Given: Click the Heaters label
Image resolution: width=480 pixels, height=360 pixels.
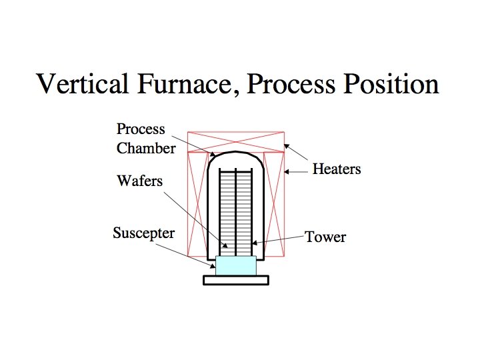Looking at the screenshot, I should click(x=336, y=169).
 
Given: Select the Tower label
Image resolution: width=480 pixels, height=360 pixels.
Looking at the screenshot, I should click(x=325, y=237).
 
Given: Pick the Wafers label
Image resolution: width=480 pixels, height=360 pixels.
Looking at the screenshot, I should click(x=139, y=181).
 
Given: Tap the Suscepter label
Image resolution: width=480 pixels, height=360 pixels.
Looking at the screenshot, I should click(x=143, y=233).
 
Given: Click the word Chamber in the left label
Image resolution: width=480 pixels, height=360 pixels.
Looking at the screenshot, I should click(x=145, y=148).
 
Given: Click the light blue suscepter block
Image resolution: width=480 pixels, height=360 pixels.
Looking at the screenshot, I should click(x=236, y=265).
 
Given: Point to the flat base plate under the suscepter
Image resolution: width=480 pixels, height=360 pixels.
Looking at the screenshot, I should click(x=236, y=281).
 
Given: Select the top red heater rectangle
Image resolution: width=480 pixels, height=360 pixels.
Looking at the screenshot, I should click(x=236, y=141).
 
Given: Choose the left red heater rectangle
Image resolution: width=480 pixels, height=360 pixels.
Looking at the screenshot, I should click(x=198, y=203).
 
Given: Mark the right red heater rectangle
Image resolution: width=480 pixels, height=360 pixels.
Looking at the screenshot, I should click(x=275, y=203).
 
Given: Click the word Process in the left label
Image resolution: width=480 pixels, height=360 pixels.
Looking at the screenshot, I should click(x=141, y=129).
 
